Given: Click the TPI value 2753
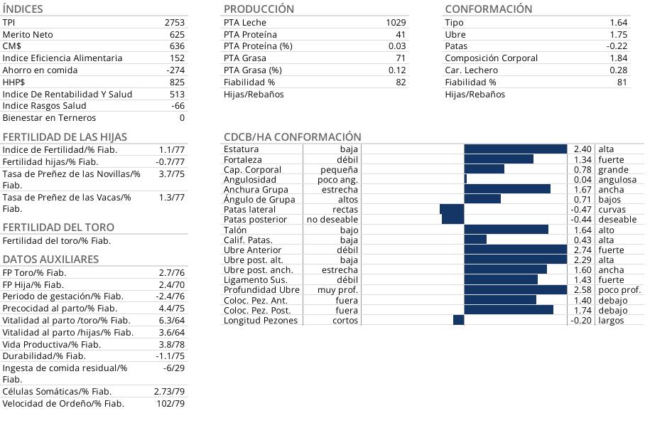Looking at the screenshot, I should click(x=174, y=23).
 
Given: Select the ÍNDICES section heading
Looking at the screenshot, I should click(x=23, y=9).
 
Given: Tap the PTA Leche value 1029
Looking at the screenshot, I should click(x=396, y=23).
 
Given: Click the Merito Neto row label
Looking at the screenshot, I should click(x=28, y=34).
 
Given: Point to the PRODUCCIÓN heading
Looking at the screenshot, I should click(x=259, y=9).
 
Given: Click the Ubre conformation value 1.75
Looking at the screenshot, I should click(x=618, y=34).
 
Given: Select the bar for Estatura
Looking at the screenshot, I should click(x=515, y=149).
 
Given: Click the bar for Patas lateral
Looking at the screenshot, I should click(x=452, y=210).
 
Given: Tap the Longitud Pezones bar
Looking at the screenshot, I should click(x=458, y=321).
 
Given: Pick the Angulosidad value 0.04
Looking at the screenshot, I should click(x=582, y=180).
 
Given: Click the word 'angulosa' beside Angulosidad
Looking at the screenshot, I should click(x=617, y=180).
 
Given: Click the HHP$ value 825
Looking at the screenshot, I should click(x=177, y=82).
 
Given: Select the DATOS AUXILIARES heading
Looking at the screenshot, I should click(x=50, y=259).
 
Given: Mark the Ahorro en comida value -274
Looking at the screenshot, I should click(x=175, y=70).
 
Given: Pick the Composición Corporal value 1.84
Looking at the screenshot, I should click(x=618, y=58).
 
